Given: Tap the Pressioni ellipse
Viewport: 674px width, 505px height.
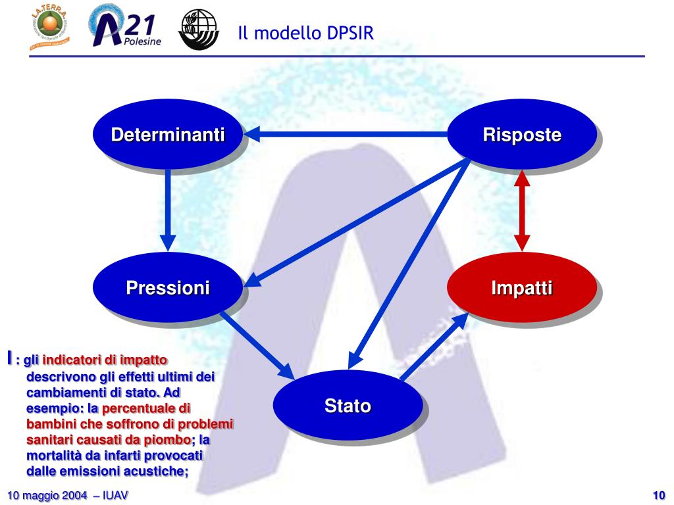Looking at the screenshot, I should [167, 287].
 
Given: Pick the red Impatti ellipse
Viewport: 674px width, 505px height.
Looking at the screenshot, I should [521, 287].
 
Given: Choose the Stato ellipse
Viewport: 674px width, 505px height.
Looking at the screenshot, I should [347, 406].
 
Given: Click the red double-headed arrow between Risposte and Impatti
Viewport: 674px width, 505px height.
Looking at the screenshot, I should [522, 210].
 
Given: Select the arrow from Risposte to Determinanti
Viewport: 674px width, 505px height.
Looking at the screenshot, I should [346, 135].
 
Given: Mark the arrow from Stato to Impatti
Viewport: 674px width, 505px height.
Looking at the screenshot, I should [434, 347].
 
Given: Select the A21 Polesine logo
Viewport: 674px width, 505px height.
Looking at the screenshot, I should [125, 28].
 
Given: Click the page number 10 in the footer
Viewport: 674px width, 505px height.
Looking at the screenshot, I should [659, 495].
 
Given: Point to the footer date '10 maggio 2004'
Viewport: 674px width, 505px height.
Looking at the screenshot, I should [47, 495].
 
